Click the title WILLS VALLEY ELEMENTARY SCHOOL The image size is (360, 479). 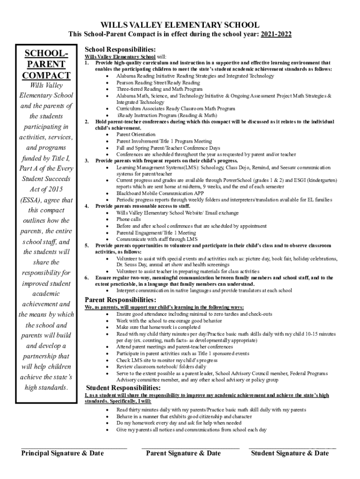[x=180, y=25]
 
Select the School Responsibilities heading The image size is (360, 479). [x=120, y=49]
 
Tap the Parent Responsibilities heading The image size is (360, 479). [x=120, y=299]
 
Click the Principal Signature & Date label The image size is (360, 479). [x=63, y=453]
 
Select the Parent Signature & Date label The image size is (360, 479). [x=183, y=453]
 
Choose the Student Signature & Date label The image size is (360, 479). [x=290, y=453]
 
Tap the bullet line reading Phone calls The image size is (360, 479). [x=129, y=219]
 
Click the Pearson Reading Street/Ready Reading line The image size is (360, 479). [x=158, y=82]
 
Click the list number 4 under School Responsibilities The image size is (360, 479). [x=86, y=206]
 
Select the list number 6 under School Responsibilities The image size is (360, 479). [x=86, y=278]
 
